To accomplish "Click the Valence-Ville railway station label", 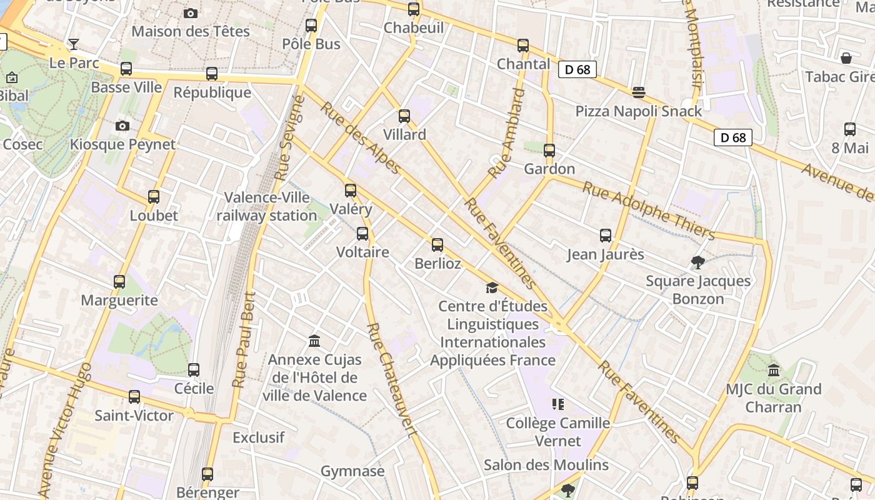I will pos(267,207).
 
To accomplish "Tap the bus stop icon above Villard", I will pos(404,116).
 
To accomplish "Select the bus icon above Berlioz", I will pos(437,244).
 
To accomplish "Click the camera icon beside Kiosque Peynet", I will pos(122,126).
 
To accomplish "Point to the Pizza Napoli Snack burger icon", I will pos(638,92).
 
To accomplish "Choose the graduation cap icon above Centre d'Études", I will pos(492,287).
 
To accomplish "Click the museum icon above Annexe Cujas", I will pos(314,341).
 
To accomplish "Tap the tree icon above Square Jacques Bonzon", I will pos(698,262).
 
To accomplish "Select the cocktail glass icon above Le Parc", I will pos(74,44).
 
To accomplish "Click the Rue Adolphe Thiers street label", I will pos(649,210).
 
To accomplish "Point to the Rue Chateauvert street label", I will pos(391,379).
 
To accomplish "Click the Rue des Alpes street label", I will pos(361,139).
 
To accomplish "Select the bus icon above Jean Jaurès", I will pos(605,236).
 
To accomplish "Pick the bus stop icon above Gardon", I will pos(549,150).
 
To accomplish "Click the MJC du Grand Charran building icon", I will pos(774,370).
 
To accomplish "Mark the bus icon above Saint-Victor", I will pos(134,396).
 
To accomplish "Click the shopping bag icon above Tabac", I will pos(846,58).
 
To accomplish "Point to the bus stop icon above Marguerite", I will pos(119,281).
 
